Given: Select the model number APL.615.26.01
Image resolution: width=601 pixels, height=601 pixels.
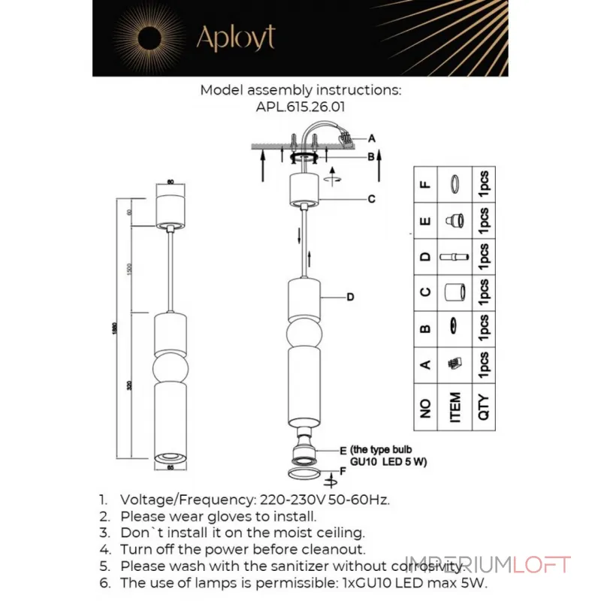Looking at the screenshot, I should pyautogui.click(x=300, y=107).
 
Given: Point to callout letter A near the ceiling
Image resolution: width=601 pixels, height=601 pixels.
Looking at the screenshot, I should pyautogui.click(x=372, y=138).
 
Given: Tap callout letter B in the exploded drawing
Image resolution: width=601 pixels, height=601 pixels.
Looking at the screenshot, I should pyautogui.click(x=371, y=157).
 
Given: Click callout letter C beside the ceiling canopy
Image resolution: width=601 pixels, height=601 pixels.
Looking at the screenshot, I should pyautogui.click(x=372, y=199).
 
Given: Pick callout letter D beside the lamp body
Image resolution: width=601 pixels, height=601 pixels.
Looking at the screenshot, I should pyautogui.click(x=350, y=297).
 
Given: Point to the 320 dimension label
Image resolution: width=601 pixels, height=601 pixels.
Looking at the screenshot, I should pyautogui.click(x=130, y=385).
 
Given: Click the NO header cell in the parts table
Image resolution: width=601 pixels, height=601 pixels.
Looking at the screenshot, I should pyautogui.click(x=426, y=408).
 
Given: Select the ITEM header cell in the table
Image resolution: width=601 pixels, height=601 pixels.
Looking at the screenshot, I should pyautogui.click(x=454, y=408).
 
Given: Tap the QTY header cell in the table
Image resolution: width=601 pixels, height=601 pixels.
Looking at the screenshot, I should pyautogui.click(x=483, y=408).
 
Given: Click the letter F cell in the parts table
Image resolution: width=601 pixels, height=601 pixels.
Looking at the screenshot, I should pyautogui.click(x=426, y=183).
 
